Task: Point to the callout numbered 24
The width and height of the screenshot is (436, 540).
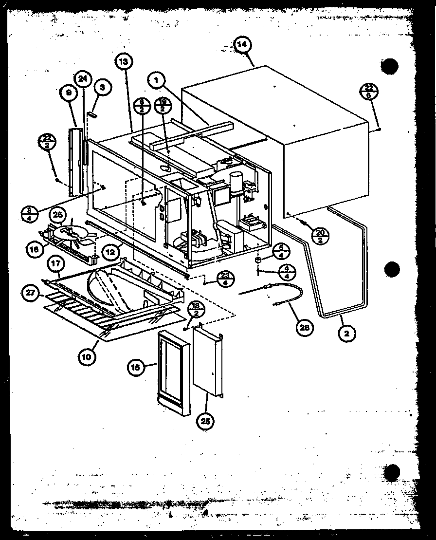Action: click(83, 79)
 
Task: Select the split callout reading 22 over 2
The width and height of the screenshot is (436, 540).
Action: click(47, 145)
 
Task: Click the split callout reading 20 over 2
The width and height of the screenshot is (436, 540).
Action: click(321, 235)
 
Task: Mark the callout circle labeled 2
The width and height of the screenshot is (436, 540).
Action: click(347, 333)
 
